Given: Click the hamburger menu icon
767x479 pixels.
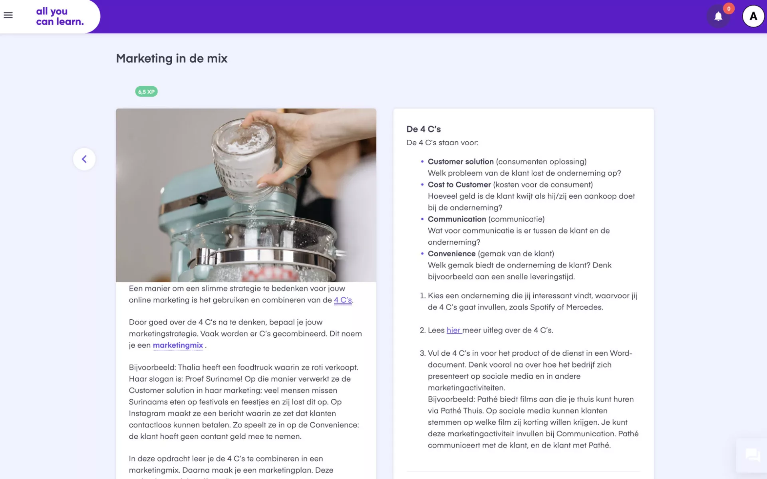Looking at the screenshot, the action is [8, 15].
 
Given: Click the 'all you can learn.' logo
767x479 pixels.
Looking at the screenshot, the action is [60, 16].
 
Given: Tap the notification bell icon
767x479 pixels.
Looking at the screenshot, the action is [718, 16].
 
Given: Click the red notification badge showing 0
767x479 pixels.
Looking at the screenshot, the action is [729, 8].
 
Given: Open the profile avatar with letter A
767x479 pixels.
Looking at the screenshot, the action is [753, 16].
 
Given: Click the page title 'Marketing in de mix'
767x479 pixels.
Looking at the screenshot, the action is [172, 58].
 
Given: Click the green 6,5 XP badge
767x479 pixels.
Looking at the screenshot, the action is [146, 92].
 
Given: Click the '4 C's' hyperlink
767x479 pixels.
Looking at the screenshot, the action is [343, 300].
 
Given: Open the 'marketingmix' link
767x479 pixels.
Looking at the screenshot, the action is [178, 345].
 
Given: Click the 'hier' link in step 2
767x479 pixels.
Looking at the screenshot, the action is [454, 330].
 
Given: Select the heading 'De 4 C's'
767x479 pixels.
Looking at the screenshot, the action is [423, 129].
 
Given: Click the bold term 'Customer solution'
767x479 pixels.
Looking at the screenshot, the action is [461, 162].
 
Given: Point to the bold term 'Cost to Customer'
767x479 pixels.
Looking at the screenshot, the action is [459, 185].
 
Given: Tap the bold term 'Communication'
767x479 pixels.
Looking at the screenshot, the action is [457, 219].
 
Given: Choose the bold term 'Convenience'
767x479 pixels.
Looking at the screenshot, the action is [452, 254].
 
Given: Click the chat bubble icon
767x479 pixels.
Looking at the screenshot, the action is [753, 455].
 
